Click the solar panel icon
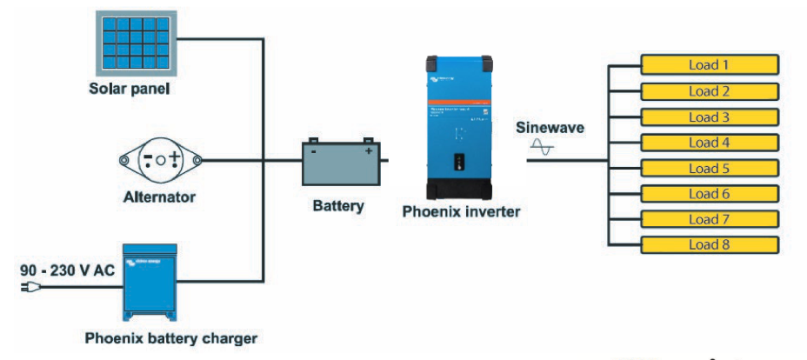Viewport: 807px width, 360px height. click(x=138, y=40)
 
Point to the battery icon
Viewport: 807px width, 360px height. click(x=341, y=163)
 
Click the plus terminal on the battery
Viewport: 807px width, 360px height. click(x=369, y=151)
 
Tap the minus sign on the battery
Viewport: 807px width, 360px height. click(x=314, y=151)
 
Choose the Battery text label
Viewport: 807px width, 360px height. click(x=338, y=207)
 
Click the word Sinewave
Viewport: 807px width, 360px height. click(x=550, y=128)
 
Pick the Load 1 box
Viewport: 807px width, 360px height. click(x=709, y=65)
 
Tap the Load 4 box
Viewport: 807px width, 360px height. click(x=709, y=143)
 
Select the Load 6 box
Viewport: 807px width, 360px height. click(x=709, y=194)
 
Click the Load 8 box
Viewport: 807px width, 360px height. click(x=709, y=245)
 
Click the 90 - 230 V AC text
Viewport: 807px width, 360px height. click(x=68, y=270)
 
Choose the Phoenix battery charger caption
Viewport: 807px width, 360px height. click(x=171, y=338)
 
